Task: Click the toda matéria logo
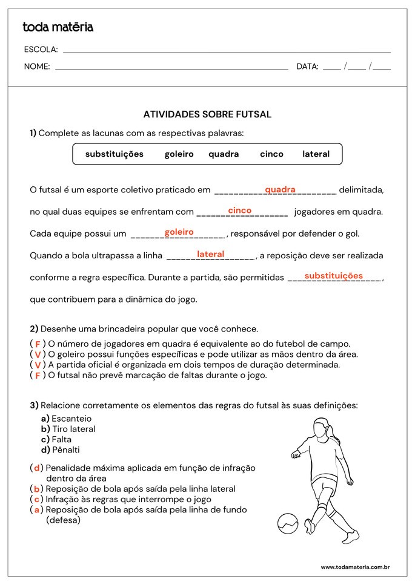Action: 58,27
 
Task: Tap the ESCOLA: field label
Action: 41,50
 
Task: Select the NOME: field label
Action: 37,67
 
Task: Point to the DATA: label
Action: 307,67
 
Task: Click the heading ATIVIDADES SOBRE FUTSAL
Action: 207,114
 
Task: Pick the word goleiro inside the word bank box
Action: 179,154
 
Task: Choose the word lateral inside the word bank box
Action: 316,154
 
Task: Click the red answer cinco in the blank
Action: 239,211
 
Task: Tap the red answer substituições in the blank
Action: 333,276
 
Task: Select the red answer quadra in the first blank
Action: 280,189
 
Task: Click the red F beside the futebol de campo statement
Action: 38,344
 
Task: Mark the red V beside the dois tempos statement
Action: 38,365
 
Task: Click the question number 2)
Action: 34,329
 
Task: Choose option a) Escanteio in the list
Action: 66,418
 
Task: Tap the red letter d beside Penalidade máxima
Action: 38,468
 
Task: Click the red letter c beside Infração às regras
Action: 38,499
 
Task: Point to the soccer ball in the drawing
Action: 288,523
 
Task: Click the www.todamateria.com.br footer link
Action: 354,567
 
